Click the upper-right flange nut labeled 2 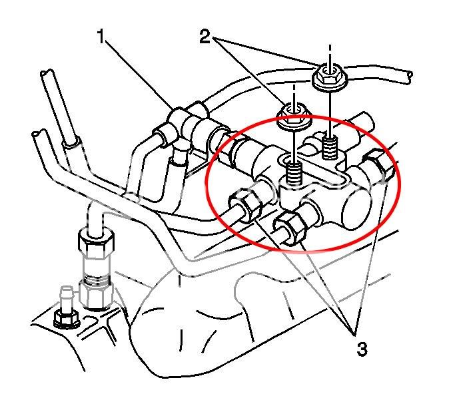coord(327,78)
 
